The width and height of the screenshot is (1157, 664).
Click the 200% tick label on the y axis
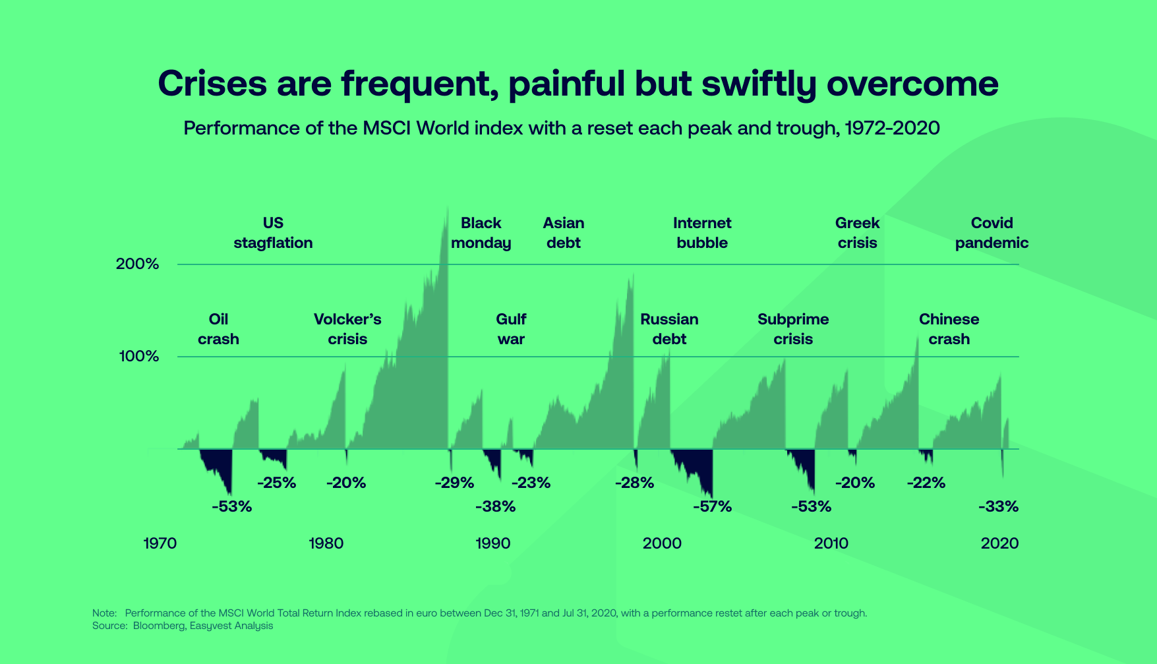(x=137, y=264)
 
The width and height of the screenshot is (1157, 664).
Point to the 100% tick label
(x=138, y=357)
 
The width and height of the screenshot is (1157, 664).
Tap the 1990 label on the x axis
(x=492, y=543)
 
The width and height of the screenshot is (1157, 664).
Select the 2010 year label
(x=831, y=543)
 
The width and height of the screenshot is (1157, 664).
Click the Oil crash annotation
(x=218, y=329)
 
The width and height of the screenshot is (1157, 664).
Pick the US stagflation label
(x=273, y=233)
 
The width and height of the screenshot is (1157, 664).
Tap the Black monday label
(x=481, y=233)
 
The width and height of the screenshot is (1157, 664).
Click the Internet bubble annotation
(x=702, y=233)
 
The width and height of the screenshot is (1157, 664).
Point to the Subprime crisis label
(x=793, y=329)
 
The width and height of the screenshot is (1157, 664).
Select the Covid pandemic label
(x=992, y=233)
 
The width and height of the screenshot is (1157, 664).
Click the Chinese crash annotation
(x=949, y=329)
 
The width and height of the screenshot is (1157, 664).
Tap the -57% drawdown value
(x=712, y=506)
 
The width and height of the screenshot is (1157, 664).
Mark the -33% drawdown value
(x=998, y=506)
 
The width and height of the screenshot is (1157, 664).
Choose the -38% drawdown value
(x=495, y=506)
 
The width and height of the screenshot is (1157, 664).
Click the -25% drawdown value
(x=276, y=483)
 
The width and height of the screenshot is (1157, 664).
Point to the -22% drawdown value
(x=926, y=483)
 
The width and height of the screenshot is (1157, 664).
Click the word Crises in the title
(x=212, y=84)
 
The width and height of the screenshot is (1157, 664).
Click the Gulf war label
(x=511, y=329)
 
